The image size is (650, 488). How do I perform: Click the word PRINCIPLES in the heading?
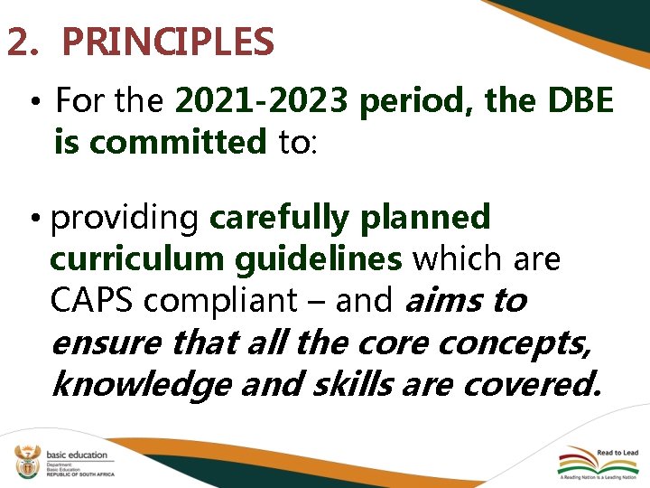[168, 42]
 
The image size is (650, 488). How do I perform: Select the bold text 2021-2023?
[261, 102]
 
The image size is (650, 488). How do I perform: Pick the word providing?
[126, 218]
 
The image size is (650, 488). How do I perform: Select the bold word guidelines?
[319, 259]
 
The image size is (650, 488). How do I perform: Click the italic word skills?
[348, 384]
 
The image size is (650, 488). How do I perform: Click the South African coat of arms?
[26, 462]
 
